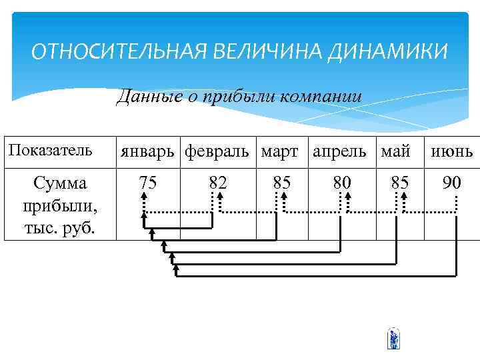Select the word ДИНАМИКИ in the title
[x=387, y=51]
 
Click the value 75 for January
[x=148, y=182]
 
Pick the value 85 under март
[x=281, y=182]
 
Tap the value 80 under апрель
[x=342, y=182]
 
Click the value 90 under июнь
[x=451, y=182]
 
